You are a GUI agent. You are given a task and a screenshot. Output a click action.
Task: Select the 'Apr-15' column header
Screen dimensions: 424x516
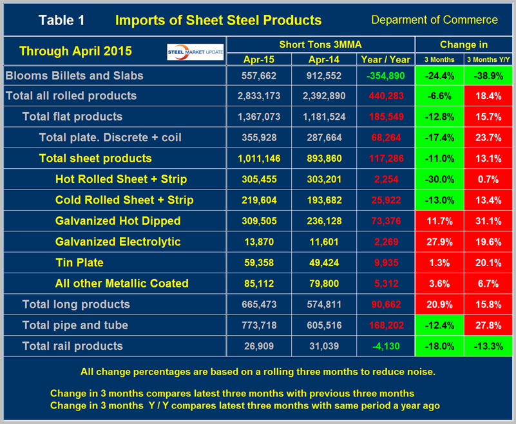pyautogui.click(x=259, y=59)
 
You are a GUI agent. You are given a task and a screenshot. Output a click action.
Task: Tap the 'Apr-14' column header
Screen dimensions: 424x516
pyautogui.click(x=323, y=59)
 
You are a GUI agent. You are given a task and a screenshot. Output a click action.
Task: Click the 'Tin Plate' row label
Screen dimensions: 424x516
pyautogui.click(x=79, y=262)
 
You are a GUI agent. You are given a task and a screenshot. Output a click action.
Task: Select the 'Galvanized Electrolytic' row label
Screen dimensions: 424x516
pyautogui.click(x=118, y=242)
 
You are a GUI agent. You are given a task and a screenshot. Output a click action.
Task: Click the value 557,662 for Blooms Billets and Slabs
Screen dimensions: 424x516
pyautogui.click(x=259, y=75)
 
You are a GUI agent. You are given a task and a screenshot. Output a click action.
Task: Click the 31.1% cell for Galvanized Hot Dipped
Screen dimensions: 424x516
pyautogui.click(x=488, y=221)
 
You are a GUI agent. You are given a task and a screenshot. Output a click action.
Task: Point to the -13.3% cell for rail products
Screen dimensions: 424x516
pyautogui.click(x=488, y=346)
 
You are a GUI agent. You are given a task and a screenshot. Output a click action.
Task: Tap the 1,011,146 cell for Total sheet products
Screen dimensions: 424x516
pyautogui.click(x=259, y=159)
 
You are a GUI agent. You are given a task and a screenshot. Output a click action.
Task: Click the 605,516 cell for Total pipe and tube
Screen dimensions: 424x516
pyautogui.click(x=323, y=325)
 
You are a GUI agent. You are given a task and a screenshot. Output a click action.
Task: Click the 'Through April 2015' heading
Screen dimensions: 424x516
pyautogui.click(x=75, y=50)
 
